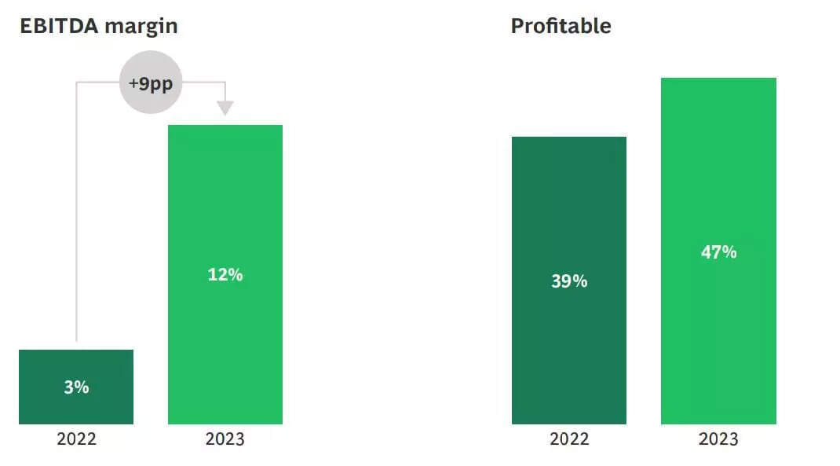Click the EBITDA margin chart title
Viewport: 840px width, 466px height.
coord(98,26)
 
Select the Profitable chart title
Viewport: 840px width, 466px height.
coord(561,26)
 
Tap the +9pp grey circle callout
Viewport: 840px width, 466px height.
coord(151,83)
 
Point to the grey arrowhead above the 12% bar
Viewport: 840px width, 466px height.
coord(225,107)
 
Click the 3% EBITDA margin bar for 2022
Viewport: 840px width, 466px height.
coord(76,369)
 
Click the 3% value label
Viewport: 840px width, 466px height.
coord(76,387)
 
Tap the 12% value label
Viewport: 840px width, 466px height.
coord(225,275)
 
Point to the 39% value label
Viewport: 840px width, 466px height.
coord(569,281)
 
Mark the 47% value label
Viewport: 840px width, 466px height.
coord(718,252)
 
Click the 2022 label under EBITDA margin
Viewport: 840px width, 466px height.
coord(76,438)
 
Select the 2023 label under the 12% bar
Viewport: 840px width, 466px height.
coord(225,438)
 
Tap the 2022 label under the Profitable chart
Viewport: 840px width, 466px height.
coord(569,438)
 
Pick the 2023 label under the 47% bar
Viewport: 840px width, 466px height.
coord(718,438)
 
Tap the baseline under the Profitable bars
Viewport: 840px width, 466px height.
coord(644,425)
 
